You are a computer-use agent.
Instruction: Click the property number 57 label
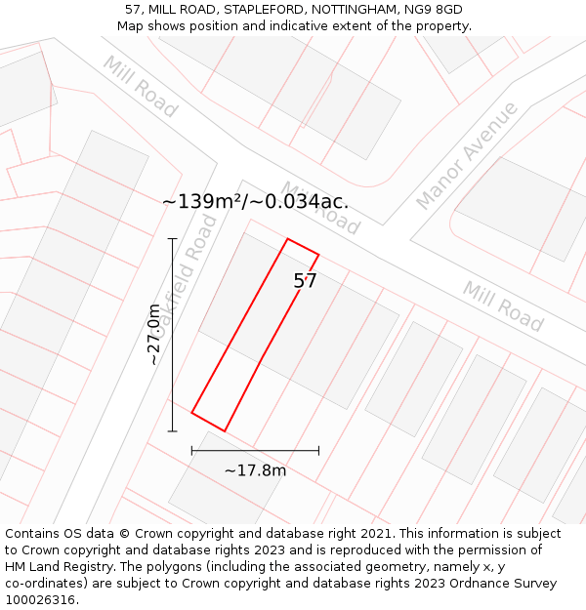[306, 281]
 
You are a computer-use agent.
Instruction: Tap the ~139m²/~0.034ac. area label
[255, 202]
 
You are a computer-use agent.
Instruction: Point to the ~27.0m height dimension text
[153, 334]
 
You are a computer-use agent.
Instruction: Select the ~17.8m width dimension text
[255, 470]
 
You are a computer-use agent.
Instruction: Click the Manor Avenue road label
[467, 155]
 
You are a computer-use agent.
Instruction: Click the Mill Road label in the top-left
[141, 87]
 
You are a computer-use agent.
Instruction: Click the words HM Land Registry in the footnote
[51, 567]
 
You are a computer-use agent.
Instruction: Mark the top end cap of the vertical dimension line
[173, 238]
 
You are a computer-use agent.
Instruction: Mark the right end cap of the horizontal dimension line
[318, 451]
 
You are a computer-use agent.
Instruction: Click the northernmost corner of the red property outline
[287, 238]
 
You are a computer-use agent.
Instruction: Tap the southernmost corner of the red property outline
[225, 430]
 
